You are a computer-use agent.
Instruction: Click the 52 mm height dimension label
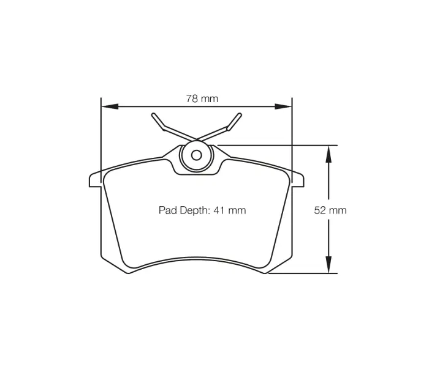point(330,210)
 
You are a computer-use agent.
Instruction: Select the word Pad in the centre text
point(167,210)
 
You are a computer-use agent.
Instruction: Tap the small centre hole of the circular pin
point(196,155)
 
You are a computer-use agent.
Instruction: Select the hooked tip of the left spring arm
point(154,116)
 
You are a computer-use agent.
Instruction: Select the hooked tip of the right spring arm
point(238,116)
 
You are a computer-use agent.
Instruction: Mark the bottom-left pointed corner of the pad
point(127,272)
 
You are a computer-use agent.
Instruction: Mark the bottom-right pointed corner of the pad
point(265,272)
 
